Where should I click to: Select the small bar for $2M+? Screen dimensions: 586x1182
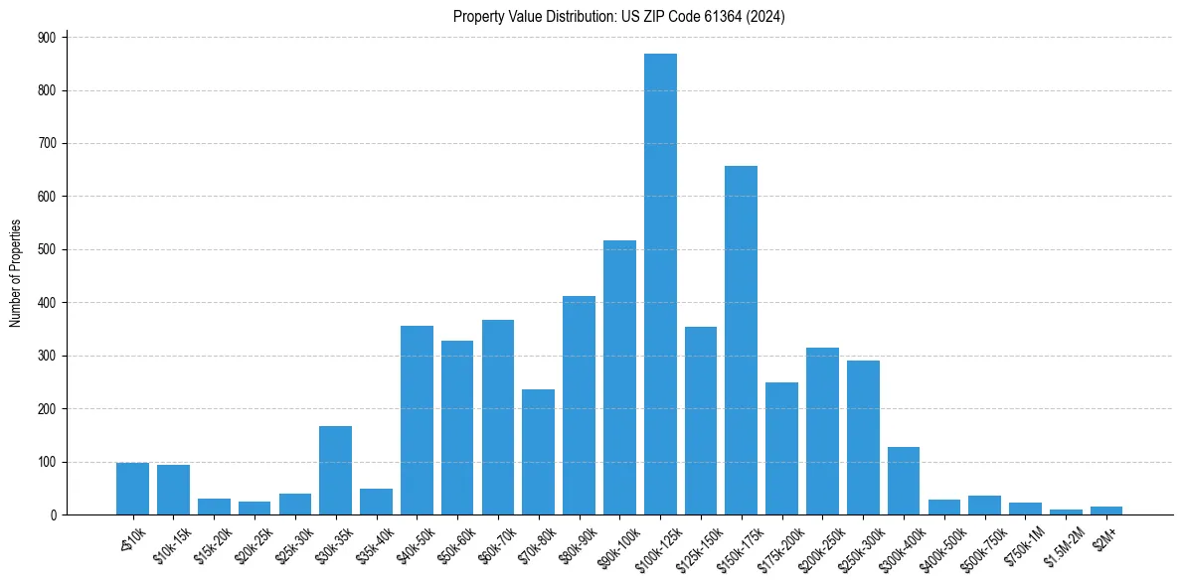tap(1105, 511)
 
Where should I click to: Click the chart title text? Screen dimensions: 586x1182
tap(619, 16)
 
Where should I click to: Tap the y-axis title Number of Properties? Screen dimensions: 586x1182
tap(15, 273)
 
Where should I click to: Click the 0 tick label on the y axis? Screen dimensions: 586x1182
tap(56, 514)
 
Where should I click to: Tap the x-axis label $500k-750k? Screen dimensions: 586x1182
tap(978, 545)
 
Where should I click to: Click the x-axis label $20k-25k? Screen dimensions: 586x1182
tap(250, 543)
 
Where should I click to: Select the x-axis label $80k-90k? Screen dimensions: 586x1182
tap(575, 543)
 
